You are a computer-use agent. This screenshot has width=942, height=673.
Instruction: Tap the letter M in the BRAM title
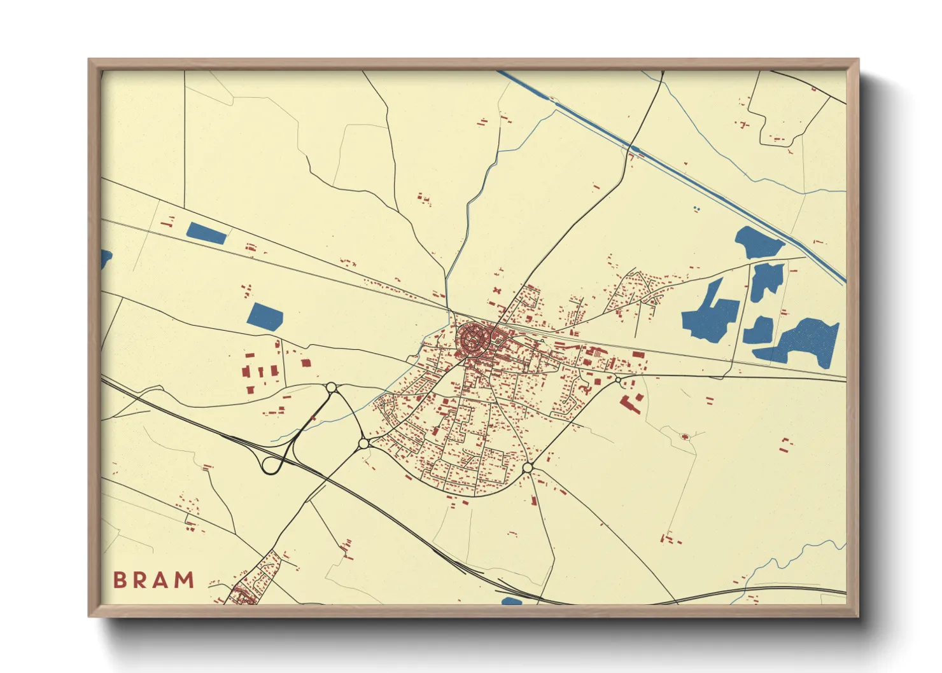[x=184, y=580]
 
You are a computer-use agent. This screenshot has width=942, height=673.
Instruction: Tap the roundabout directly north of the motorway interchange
[x=331, y=387]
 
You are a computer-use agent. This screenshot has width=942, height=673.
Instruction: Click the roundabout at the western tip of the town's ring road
[x=363, y=443]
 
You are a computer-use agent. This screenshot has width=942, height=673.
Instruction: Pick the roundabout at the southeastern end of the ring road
[x=528, y=468]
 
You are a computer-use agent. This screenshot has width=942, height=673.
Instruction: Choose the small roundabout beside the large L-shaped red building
[x=617, y=380]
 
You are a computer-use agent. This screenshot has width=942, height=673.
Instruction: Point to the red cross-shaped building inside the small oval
[x=685, y=437]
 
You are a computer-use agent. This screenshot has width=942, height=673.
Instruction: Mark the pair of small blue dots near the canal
[x=696, y=208]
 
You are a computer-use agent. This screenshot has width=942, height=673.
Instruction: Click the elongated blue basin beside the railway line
[x=206, y=233]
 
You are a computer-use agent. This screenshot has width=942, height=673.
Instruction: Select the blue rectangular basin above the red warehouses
[x=265, y=317]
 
